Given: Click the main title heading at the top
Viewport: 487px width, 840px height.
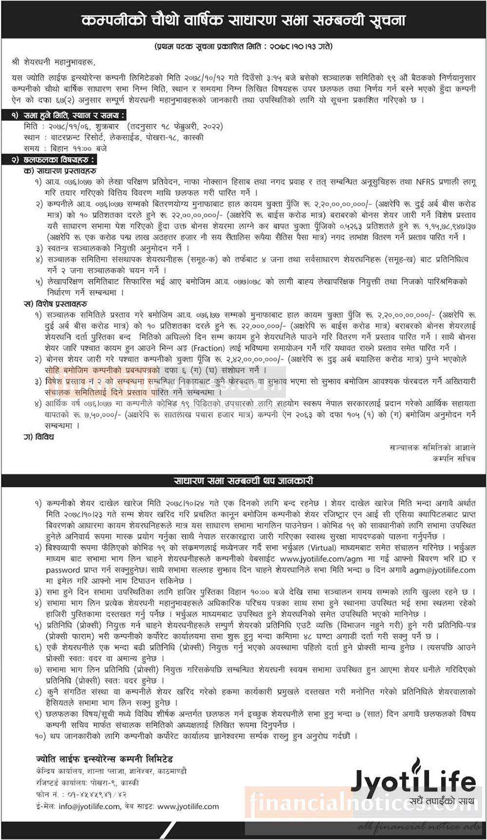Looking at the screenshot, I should click(x=243, y=20).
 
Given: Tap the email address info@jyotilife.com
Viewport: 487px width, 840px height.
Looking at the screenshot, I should click(x=89, y=806).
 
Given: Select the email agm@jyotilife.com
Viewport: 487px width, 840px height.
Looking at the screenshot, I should click(x=443, y=570).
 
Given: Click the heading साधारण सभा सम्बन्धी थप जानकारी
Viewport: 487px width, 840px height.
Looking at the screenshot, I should click(x=243, y=481).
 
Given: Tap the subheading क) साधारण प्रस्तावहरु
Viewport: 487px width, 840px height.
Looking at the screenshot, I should click(x=60, y=171).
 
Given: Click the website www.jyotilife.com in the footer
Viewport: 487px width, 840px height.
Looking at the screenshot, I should click(x=188, y=806).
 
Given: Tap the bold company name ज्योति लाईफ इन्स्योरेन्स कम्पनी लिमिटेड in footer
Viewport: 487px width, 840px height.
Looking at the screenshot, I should click(x=105, y=759).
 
